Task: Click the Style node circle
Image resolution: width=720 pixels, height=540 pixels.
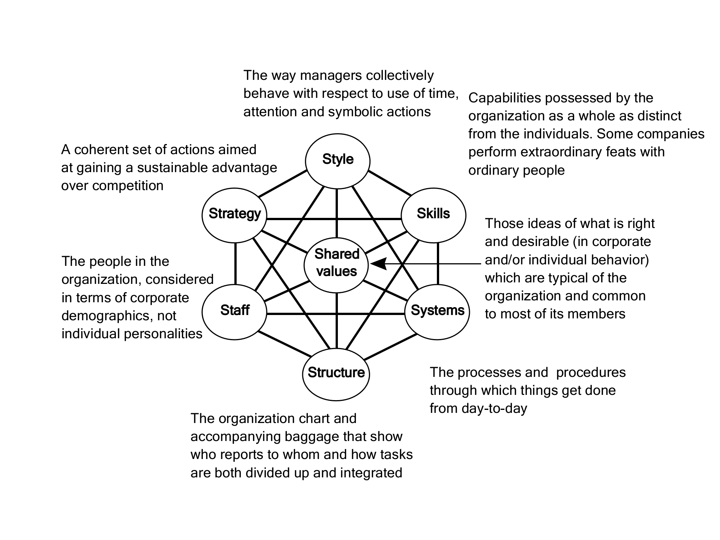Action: point(337,160)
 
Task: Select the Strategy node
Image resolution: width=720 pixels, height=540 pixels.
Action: point(234,214)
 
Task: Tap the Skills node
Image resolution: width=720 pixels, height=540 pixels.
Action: point(433,214)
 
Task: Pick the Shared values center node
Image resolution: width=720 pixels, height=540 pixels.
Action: point(337,264)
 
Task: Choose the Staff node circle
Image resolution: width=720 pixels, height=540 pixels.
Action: point(234,311)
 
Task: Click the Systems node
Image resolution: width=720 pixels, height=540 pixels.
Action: point(437,311)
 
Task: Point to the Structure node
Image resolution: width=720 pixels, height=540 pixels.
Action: point(336,373)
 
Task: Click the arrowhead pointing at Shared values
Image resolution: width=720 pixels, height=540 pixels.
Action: point(378,264)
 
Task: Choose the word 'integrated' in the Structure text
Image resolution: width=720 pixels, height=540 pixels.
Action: point(371,473)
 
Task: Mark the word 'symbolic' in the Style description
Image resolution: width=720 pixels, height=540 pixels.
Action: point(356,112)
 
